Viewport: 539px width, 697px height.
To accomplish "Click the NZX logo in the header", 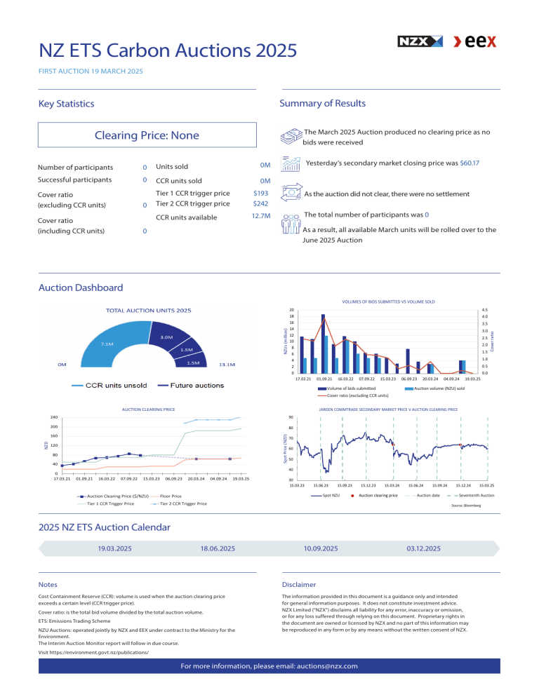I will click(x=420, y=42).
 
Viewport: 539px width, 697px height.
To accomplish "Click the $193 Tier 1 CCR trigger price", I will click(x=261, y=193).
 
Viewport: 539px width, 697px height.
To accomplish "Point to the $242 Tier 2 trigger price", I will click(x=261, y=204).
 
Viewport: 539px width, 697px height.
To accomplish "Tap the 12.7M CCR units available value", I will click(x=260, y=217).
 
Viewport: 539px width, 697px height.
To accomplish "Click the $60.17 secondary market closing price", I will click(x=465, y=163).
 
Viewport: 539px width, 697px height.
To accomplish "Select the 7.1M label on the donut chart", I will click(x=107, y=344).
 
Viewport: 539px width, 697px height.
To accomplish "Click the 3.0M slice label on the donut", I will click(x=167, y=337).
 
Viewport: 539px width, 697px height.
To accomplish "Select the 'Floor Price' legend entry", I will click(x=171, y=496).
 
